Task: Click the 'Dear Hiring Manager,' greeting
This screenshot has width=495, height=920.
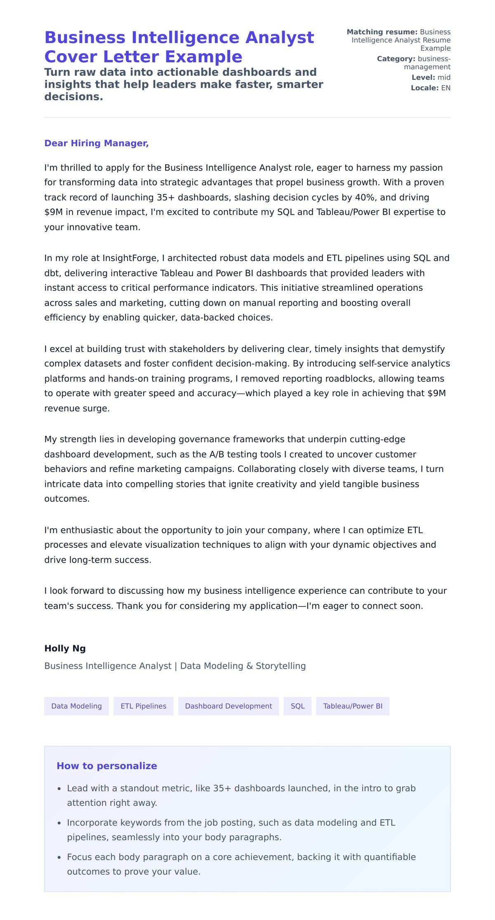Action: [96, 143]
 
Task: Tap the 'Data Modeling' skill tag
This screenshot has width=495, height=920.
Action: [76, 706]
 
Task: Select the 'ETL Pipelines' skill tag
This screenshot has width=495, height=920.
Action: [143, 706]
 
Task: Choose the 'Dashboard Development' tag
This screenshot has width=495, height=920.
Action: [228, 706]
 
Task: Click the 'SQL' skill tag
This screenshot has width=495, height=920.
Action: [297, 706]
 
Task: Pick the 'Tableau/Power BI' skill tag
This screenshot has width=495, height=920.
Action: [352, 706]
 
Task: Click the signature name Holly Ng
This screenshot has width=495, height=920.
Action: [65, 648]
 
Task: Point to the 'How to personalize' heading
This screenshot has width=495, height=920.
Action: [106, 766]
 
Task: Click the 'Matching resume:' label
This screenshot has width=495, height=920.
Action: [382, 32]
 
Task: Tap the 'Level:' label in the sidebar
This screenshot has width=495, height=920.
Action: [423, 77]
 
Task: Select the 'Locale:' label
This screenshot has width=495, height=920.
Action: [424, 88]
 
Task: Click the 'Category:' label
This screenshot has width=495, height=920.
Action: [396, 59]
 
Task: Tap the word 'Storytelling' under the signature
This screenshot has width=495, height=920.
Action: [280, 666]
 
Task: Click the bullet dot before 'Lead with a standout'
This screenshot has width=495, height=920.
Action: [59, 789]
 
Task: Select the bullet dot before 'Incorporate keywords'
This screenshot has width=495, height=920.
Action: [59, 823]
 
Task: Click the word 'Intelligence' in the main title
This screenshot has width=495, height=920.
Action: [185, 38]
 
